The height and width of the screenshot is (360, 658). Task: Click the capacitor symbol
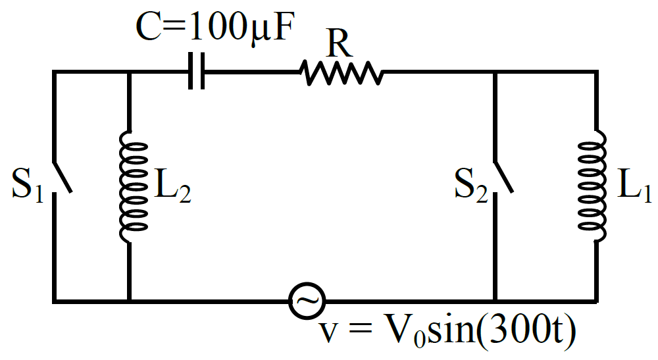click(196, 71)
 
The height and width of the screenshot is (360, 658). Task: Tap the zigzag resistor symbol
click(341, 72)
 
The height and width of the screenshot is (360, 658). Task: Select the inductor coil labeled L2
click(134, 187)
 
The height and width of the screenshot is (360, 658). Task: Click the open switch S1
click(62, 178)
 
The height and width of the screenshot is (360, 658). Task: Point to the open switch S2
click(503, 178)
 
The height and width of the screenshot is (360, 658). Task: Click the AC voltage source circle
click(307, 301)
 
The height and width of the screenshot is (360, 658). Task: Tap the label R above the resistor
click(339, 43)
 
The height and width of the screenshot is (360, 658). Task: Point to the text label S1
click(28, 185)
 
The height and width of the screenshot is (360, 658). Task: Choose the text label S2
click(472, 185)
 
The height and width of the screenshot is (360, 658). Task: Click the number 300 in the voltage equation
click(519, 329)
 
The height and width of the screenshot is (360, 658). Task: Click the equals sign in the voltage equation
click(360, 330)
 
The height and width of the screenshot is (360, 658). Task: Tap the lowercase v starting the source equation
click(328, 333)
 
